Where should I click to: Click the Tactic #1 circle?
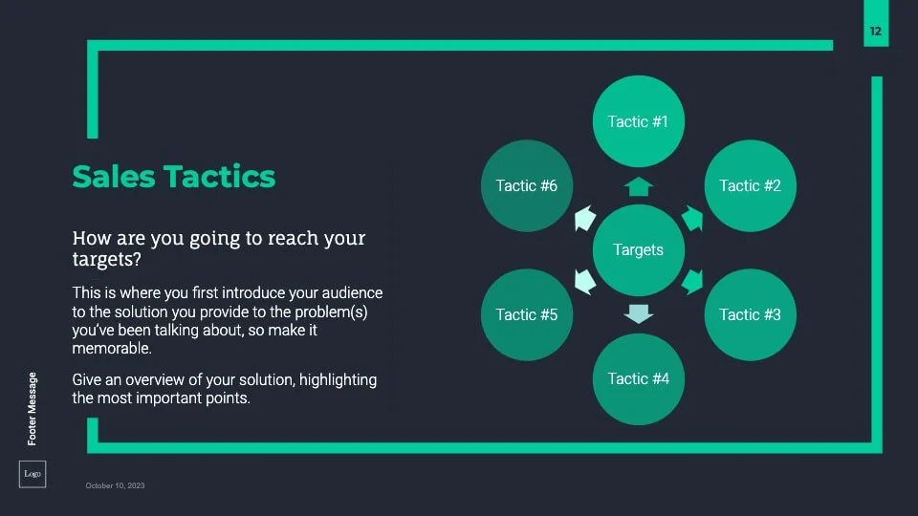(638, 121)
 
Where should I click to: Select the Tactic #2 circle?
(750, 185)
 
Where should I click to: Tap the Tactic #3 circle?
(750, 314)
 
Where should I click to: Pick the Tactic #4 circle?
(638, 379)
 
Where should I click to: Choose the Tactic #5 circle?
(527, 314)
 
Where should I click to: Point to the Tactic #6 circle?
(527, 185)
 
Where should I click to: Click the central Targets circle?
(638, 249)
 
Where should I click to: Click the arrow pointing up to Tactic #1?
(638, 186)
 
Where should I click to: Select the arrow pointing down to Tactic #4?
(638, 314)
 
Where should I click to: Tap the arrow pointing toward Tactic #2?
(692, 218)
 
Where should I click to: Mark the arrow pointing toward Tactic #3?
(692, 282)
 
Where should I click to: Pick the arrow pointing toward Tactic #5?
(585, 282)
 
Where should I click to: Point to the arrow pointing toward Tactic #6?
(585, 218)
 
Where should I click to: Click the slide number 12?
(875, 31)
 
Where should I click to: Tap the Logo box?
(33, 474)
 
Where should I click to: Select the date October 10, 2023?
(115, 485)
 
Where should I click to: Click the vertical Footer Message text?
(33, 408)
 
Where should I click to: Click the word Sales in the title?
(114, 177)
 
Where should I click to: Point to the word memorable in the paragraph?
(112, 348)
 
